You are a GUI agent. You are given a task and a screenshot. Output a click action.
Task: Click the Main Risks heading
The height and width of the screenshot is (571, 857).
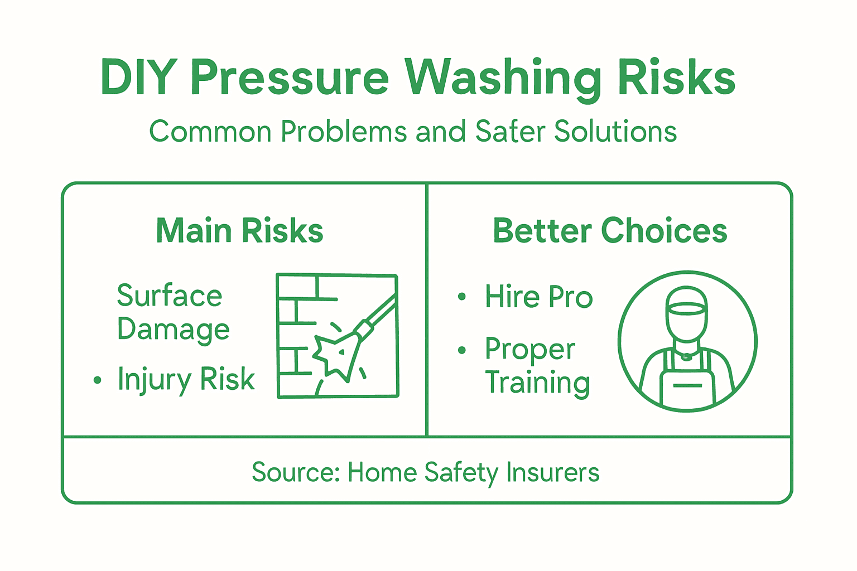pyautogui.click(x=239, y=231)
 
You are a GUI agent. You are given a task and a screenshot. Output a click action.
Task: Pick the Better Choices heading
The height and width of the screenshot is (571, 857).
pyautogui.click(x=610, y=231)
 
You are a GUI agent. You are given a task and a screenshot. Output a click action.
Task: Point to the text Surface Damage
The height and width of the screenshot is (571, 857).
pyautogui.click(x=173, y=312)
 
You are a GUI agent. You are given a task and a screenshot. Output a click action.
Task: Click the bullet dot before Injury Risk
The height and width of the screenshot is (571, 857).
pyautogui.click(x=98, y=381)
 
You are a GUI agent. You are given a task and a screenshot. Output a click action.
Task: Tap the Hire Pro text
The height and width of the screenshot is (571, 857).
pyautogui.click(x=538, y=297)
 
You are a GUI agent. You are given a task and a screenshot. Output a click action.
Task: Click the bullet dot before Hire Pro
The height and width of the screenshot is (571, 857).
pyautogui.click(x=461, y=297)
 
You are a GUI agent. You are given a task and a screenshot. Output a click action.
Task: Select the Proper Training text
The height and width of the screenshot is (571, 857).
pyautogui.click(x=537, y=366)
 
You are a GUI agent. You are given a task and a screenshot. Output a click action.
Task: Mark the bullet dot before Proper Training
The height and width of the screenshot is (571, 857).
pyautogui.click(x=461, y=350)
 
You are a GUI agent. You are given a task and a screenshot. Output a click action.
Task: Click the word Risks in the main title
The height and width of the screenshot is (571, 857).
pyautogui.click(x=676, y=78)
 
